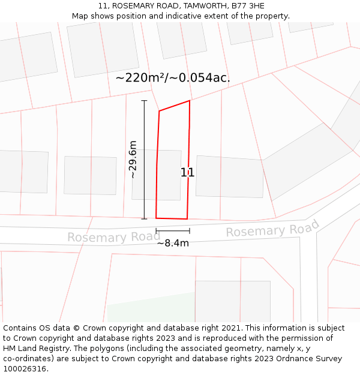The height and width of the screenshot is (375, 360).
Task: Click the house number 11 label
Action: pos(188,173)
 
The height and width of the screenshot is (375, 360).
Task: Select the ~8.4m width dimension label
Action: pos(173,243)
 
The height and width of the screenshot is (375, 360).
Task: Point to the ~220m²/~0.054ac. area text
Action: pos(173,77)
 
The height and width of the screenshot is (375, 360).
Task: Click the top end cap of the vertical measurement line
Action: pos(144,101)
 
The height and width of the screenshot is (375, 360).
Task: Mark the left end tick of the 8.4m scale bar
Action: pos(156,230)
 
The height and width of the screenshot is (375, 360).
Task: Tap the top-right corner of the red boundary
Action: pos(190,101)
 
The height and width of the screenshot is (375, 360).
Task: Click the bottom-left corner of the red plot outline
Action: pos(156,218)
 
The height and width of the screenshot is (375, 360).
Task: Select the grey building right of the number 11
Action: pos(230,176)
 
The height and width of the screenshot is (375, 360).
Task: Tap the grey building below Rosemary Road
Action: pos(233,300)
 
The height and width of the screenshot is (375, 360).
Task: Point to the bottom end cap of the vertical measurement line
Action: pos(144,219)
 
